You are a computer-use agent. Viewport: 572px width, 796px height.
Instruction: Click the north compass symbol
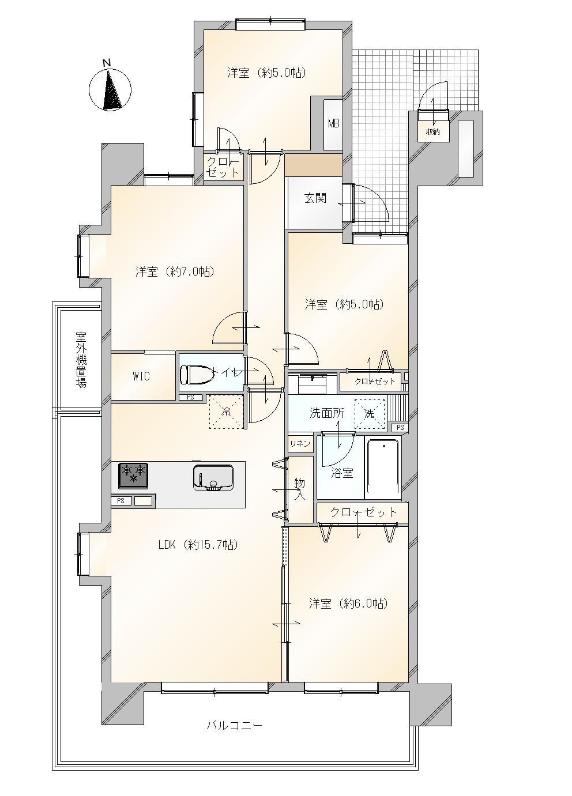(x=110, y=89)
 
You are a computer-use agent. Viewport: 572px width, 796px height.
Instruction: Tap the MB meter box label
(x=333, y=123)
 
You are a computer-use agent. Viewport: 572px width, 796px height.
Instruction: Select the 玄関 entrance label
(x=315, y=198)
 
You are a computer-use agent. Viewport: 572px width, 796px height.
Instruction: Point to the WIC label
(x=141, y=376)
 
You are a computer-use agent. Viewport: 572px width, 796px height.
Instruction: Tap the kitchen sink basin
(x=213, y=478)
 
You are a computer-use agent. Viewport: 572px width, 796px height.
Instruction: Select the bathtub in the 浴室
(x=383, y=469)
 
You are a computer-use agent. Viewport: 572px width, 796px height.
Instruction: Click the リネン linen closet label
(x=300, y=443)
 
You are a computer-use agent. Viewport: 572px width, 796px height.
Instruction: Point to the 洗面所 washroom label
(x=327, y=413)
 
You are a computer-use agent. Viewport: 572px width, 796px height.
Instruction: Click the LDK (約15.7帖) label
(x=198, y=545)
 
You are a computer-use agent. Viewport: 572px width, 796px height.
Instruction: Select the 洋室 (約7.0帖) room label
(x=175, y=272)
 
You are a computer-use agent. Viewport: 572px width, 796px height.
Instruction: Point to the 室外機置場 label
(x=81, y=360)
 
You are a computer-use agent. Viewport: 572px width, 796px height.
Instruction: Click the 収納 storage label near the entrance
(x=432, y=131)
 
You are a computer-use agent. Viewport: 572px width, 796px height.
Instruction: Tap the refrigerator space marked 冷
(x=226, y=412)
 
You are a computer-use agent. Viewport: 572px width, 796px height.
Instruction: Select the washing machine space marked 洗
(x=370, y=414)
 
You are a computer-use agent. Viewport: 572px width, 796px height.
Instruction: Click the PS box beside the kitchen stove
(x=121, y=501)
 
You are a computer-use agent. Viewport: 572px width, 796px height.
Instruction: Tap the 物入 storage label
(x=299, y=489)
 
